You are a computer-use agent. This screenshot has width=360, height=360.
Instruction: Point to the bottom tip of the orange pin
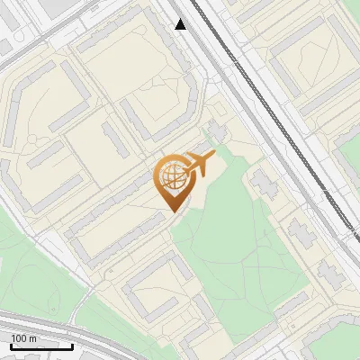point(171,212)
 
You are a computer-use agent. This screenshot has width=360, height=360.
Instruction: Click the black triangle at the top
point(181,24)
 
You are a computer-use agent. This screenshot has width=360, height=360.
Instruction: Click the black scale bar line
point(41,346)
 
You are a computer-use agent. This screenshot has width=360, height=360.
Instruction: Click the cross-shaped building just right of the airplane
point(264,184)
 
